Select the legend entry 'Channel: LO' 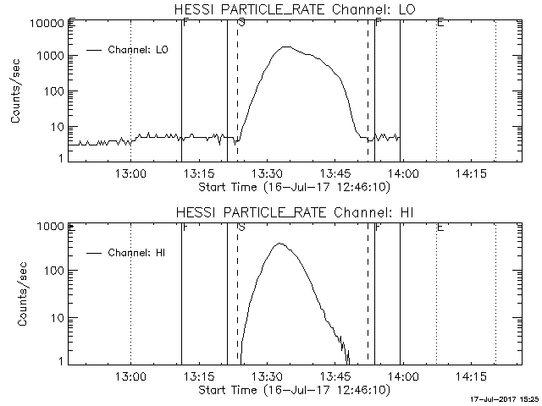(139, 50)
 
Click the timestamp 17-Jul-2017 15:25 (505, 398)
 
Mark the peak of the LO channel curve (285, 47)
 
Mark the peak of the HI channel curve (279, 244)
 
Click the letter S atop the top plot (241, 23)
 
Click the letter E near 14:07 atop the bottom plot (440, 227)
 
